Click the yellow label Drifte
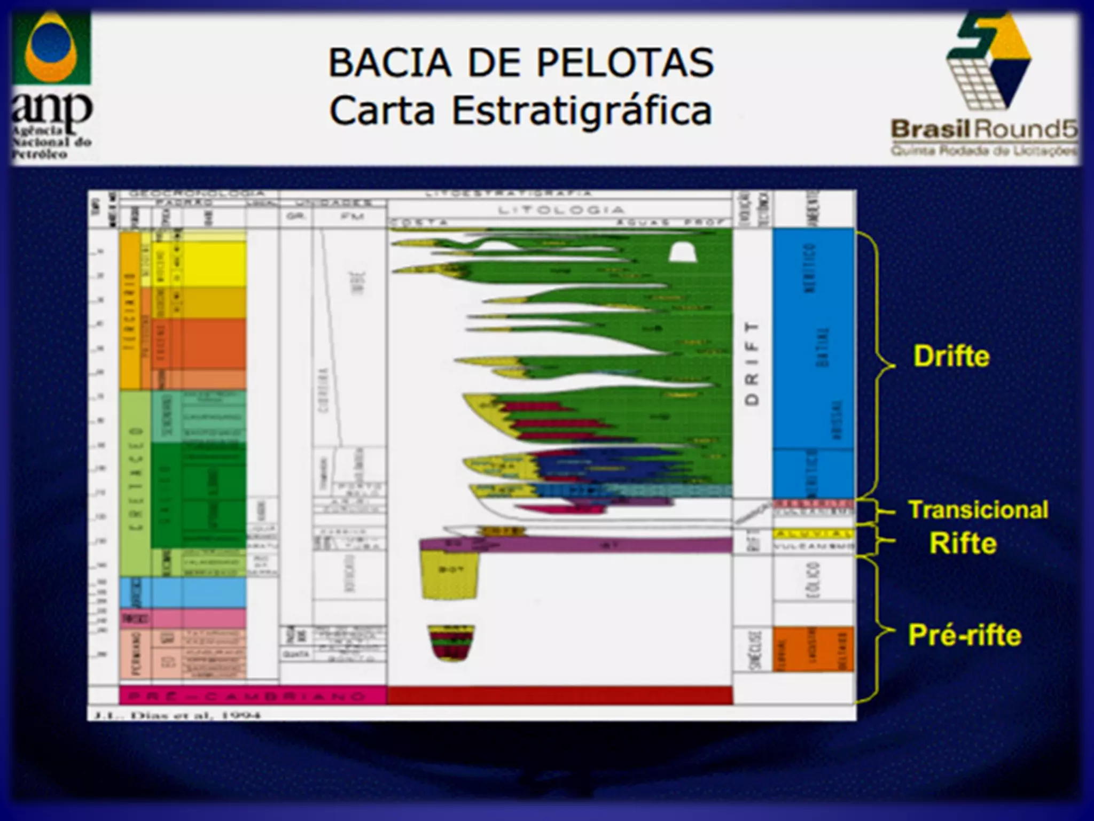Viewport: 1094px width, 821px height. (x=951, y=356)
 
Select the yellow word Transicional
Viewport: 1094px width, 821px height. (x=978, y=510)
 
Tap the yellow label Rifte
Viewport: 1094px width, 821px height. (x=963, y=543)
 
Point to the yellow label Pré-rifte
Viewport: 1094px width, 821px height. (x=964, y=635)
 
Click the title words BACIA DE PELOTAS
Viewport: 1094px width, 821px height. (x=521, y=63)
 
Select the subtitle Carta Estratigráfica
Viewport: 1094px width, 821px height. (x=521, y=111)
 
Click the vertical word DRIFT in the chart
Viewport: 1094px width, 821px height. (x=752, y=363)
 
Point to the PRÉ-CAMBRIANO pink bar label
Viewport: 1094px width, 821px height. (x=252, y=696)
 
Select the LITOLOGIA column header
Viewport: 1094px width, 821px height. (x=560, y=210)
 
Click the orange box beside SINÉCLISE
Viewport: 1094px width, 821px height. (x=813, y=649)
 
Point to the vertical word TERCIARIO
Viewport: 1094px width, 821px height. (x=129, y=310)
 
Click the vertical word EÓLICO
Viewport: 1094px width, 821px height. (x=812, y=580)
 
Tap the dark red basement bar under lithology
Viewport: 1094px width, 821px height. (x=559, y=695)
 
